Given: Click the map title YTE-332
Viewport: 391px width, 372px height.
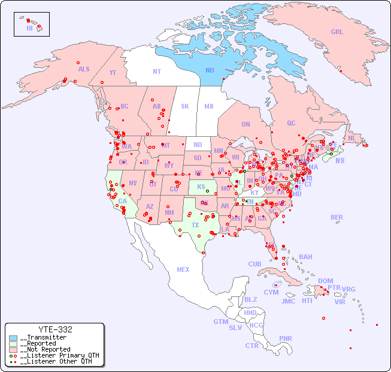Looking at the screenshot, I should coord(55,329).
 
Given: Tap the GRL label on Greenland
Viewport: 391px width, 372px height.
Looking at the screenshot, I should coord(337,32).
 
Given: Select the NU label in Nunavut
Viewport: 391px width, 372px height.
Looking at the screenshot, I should coord(210,70).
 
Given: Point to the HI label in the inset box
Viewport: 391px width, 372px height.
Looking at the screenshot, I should coord(29,28).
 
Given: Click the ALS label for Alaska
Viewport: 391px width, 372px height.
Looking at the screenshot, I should coord(84,69).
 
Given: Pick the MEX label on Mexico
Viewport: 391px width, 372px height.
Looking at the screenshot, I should coord(183,269).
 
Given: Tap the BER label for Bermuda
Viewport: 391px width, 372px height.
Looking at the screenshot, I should coord(337,217).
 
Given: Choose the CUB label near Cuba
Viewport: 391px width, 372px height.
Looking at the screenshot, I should coord(255,264).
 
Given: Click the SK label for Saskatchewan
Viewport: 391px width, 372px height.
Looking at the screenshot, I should coord(185,106).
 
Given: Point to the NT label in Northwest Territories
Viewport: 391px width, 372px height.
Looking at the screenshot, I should coord(156,71).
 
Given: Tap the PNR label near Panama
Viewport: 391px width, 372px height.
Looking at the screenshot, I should coord(286,338).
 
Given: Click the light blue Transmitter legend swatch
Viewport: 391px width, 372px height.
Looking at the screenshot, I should coord(13,338).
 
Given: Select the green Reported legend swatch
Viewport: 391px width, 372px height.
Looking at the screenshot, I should coord(13,344).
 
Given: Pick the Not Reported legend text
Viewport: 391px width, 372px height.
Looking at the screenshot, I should coord(45,349).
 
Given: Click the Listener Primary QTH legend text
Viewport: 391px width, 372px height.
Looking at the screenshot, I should coord(59,355).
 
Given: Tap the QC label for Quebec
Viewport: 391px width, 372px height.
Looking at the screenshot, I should coord(291,123).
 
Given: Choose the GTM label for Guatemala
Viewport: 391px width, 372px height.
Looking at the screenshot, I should coord(220,322).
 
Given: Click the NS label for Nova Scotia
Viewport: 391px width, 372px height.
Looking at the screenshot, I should coord(340,160).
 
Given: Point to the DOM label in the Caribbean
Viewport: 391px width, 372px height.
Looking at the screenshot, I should coord(325,281).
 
